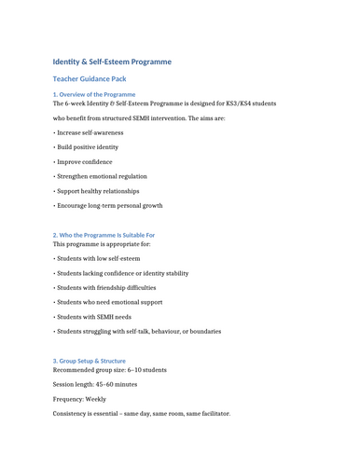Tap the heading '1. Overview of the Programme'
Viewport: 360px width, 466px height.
tap(94, 94)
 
